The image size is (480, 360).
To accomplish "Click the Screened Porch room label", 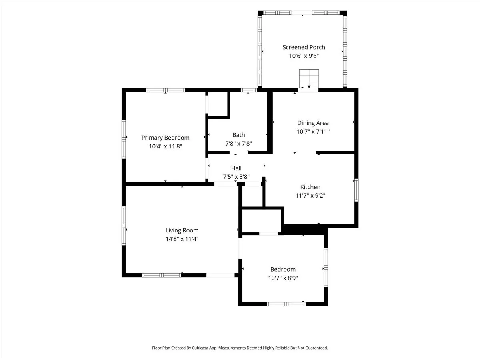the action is (304, 47).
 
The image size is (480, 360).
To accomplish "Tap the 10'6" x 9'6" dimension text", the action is (304, 56).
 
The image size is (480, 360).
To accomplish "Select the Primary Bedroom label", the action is (165, 138).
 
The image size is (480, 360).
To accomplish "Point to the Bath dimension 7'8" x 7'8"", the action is (238, 144).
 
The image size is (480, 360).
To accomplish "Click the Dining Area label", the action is (313, 123).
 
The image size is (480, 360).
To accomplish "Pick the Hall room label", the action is (236, 168).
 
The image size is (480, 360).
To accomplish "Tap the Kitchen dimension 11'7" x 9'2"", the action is (310, 196).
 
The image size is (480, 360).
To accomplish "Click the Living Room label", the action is (182, 230).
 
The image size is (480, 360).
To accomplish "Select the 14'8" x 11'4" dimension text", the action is (182, 239).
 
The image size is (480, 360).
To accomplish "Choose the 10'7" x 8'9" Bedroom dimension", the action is (283, 278).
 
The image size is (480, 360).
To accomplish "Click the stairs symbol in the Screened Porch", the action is (309, 79).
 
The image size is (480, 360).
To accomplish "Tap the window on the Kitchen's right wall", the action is (356, 190).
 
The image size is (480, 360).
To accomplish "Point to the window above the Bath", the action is (249, 90).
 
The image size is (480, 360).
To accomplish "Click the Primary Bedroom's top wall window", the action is (166, 90).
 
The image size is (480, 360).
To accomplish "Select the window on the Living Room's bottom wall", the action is (162, 275).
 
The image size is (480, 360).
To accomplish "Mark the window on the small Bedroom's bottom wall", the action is (286, 304).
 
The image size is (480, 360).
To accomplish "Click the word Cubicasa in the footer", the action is (200, 348).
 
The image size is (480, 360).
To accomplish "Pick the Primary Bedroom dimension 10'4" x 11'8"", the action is (165, 146).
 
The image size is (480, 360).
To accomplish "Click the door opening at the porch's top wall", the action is (302, 13).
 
